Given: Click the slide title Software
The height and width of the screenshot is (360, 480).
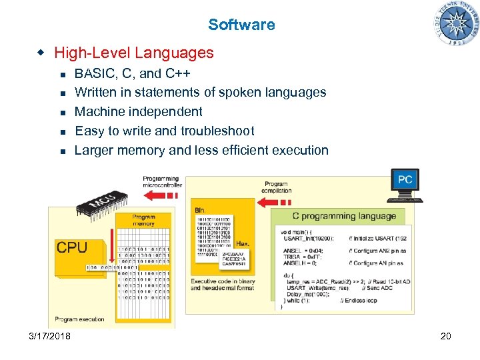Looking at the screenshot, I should [x=241, y=25].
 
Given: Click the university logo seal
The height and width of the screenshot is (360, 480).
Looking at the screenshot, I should [x=457, y=23].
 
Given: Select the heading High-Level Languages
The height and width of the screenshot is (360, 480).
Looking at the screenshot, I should [x=133, y=53].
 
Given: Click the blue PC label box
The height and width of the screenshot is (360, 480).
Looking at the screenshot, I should [x=405, y=179].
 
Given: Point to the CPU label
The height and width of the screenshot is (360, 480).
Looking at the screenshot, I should [x=72, y=247].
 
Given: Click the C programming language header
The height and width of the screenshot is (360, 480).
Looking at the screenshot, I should [x=344, y=215].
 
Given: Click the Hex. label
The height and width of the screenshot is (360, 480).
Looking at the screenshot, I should [x=243, y=245].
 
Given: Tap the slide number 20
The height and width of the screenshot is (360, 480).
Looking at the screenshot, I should [x=445, y=336].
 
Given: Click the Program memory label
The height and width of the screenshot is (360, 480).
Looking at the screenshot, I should [x=143, y=220].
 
